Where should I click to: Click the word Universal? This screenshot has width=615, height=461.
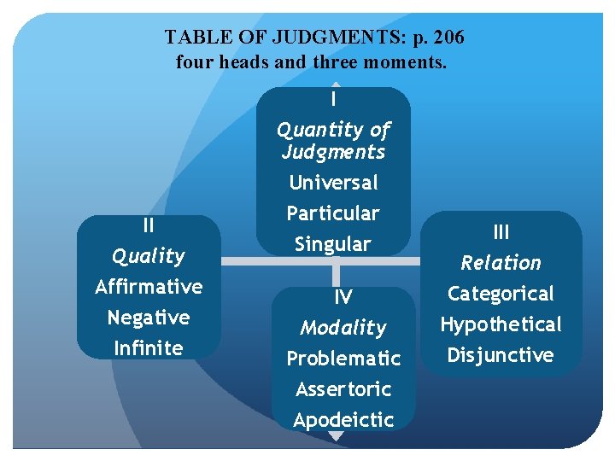333,183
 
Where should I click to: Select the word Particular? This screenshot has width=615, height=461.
333,213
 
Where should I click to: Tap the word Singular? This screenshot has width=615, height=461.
333,244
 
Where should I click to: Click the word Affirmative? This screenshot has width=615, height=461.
149,287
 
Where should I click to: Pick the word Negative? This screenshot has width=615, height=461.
149,318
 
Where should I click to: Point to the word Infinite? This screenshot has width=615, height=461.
149,348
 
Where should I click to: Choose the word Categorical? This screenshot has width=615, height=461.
501,294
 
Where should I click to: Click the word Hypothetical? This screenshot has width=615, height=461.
501,324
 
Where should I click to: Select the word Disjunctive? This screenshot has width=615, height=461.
501,355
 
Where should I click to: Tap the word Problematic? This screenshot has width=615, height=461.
343,359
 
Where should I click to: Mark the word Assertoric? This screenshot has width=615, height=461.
343,389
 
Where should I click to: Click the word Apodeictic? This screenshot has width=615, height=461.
343,420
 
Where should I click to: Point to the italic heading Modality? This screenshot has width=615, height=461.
343,328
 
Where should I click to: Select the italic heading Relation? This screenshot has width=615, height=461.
501,263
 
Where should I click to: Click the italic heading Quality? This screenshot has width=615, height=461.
149,256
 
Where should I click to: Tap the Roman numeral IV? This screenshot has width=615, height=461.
343,297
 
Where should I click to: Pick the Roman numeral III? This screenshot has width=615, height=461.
501,232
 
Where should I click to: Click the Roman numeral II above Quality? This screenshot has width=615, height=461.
149,226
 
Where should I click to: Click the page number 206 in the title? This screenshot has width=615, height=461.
447,38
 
